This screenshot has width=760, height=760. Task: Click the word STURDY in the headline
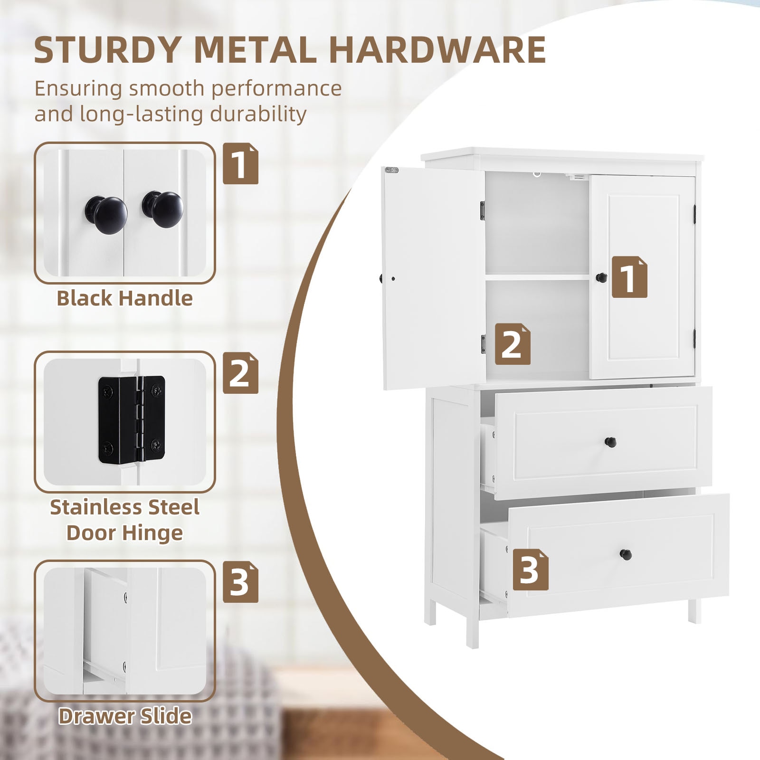coord(107,50)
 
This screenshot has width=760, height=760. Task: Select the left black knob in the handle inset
coord(106,215)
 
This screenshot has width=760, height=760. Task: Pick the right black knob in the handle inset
coord(163,209)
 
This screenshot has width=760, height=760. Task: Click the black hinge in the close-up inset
coord(132,419)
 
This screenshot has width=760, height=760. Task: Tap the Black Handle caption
coord(124,298)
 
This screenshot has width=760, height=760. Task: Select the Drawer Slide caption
coord(124,716)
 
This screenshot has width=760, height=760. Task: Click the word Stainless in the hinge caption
coord(90,507)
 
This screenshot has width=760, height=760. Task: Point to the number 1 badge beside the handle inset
coord(240,163)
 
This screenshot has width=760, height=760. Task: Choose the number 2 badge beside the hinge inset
coord(240,373)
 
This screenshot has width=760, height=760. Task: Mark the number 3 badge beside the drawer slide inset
coord(240,582)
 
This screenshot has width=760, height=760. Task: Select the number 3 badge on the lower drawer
coord(530,570)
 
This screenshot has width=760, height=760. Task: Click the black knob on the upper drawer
coord(610,442)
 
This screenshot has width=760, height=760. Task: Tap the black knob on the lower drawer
coord(626,554)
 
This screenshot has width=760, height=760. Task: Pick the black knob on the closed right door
coord(601,277)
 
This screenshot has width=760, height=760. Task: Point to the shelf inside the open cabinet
coord(537,276)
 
